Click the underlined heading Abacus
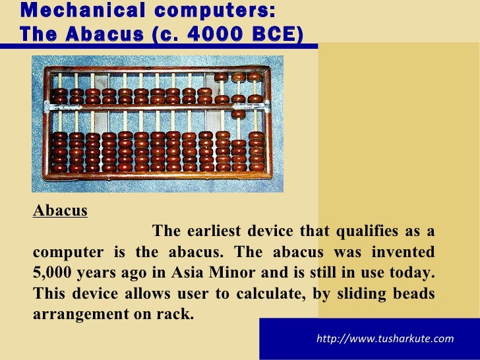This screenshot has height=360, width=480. point(60,211)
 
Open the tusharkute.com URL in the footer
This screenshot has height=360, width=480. point(385,339)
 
